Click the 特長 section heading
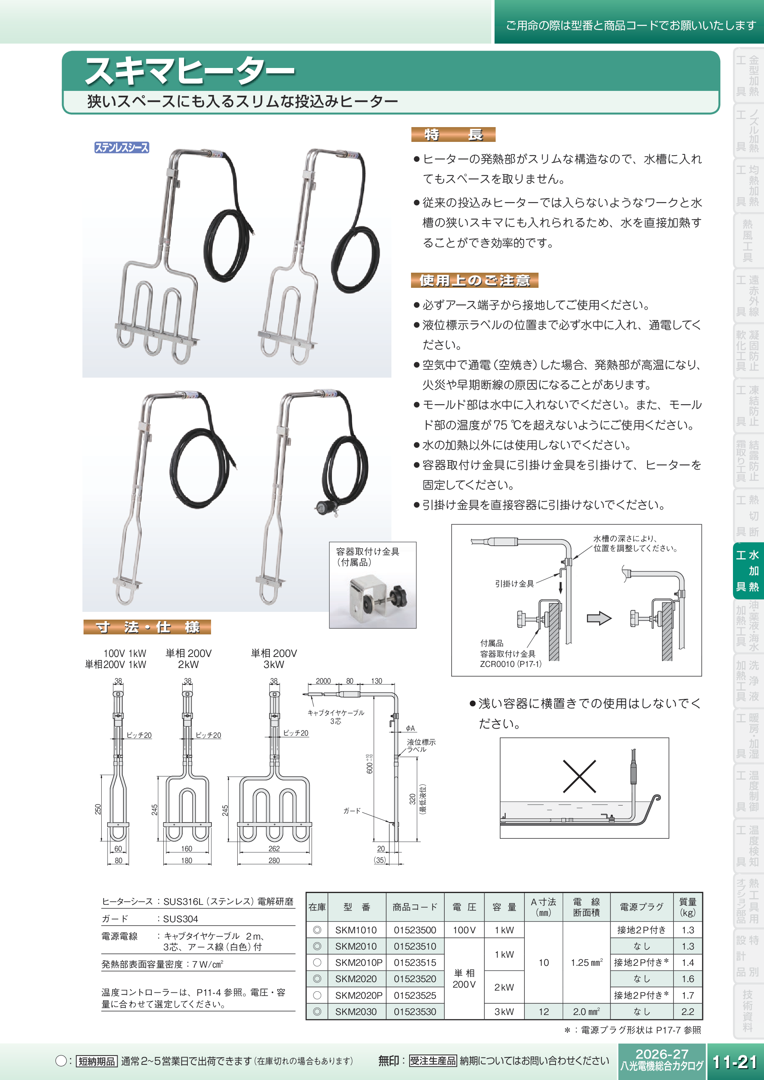click(453, 134)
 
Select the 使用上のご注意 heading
click(474, 280)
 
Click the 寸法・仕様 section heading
click(147, 627)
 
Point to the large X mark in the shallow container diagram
click(579, 776)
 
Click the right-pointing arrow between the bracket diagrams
click(599, 618)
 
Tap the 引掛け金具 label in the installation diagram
click(514, 584)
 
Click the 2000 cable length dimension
click(323, 681)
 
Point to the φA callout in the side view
click(410, 728)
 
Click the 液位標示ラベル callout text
click(421, 746)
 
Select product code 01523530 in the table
click(415, 1011)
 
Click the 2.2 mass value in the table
click(687, 1011)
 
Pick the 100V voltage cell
click(464, 930)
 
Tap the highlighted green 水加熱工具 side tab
click(747, 570)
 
